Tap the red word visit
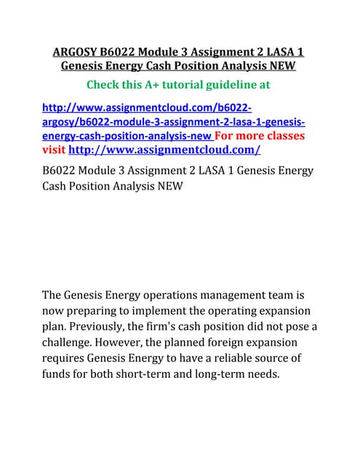pos(54,150)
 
